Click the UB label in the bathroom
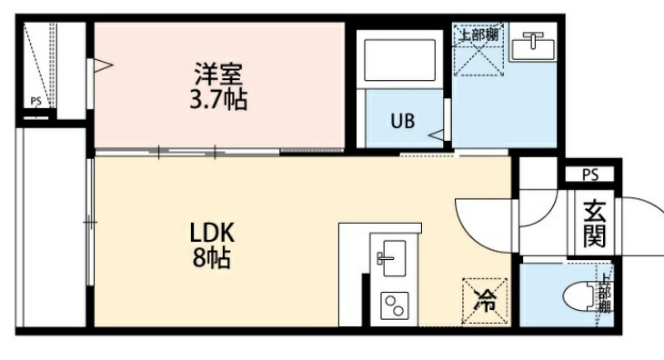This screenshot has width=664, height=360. (402, 120)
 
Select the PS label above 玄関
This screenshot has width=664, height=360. (589, 175)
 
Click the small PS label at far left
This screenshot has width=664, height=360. (36, 102)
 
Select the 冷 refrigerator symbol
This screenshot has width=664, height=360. (487, 300)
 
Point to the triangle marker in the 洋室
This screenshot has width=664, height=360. (103, 65)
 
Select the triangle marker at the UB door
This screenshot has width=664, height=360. (437, 135)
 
